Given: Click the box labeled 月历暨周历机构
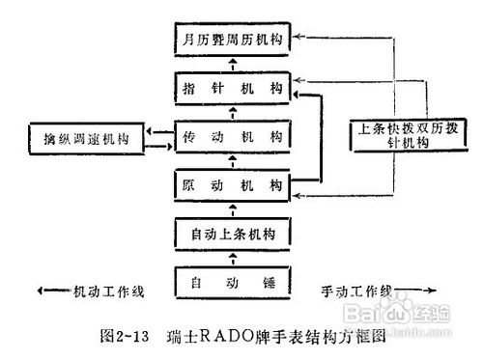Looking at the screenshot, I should [236, 42].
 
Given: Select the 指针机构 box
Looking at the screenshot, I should [236, 88].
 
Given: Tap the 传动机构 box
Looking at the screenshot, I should [236, 137].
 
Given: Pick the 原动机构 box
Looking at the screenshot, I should [236, 183].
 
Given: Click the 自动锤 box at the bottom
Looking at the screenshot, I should [236, 284].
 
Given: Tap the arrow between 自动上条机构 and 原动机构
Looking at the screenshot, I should [236, 208].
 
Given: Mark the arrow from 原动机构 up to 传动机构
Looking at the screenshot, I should [236, 160].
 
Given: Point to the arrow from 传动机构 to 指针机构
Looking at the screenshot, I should [236, 112].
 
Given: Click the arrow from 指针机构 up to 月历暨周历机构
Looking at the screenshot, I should [236, 64].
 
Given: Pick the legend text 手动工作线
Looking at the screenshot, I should [360, 291].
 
